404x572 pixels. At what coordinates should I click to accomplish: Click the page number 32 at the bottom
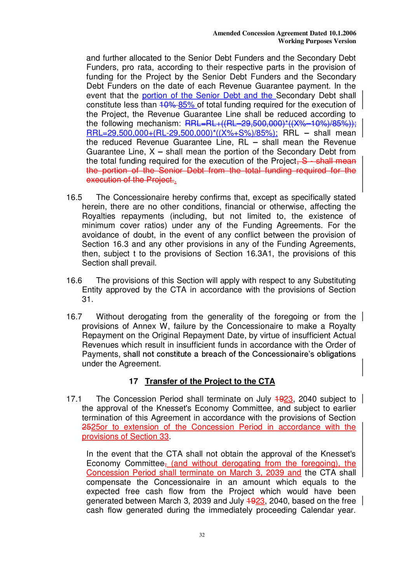tap(202, 535)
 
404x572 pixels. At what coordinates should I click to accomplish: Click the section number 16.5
tap(74, 198)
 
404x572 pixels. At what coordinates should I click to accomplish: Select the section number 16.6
tap(74, 281)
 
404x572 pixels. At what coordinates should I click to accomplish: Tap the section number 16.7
tap(74, 317)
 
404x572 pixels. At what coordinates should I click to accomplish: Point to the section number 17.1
tap(74, 399)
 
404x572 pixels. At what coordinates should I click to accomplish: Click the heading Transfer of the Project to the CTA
tap(210, 381)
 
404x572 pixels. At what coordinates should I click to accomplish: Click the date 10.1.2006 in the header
tap(342, 33)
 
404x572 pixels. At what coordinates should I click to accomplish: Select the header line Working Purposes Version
tap(317, 41)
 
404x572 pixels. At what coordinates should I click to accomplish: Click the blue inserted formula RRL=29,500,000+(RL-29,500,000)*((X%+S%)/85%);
tap(182, 133)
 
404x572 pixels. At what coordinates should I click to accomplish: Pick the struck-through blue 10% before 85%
tap(167, 105)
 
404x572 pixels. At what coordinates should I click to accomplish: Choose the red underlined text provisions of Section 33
tap(125, 437)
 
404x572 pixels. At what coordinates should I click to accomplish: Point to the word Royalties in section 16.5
tap(99, 216)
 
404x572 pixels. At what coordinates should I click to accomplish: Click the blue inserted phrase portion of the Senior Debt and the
tap(207, 96)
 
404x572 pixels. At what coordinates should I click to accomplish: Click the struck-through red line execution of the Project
tap(130, 180)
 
